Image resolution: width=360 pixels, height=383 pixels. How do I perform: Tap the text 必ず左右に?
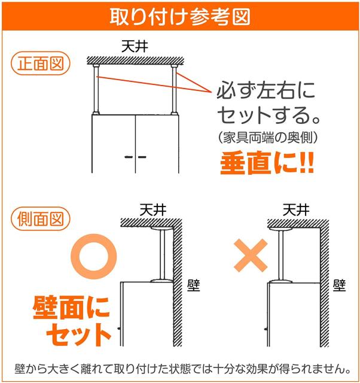click(x=265, y=92)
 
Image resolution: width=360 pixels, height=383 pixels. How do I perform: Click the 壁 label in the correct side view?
click(x=193, y=285)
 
